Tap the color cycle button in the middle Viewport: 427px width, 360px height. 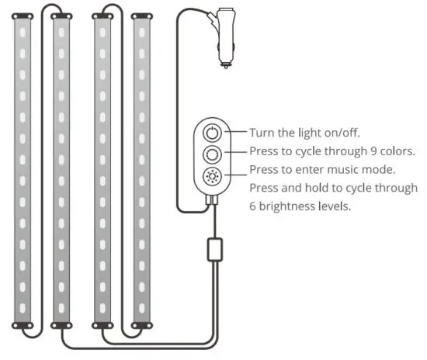pos(213,152)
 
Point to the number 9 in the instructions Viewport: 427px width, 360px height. pos(359,151)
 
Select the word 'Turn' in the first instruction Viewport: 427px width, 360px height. pos(262,132)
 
